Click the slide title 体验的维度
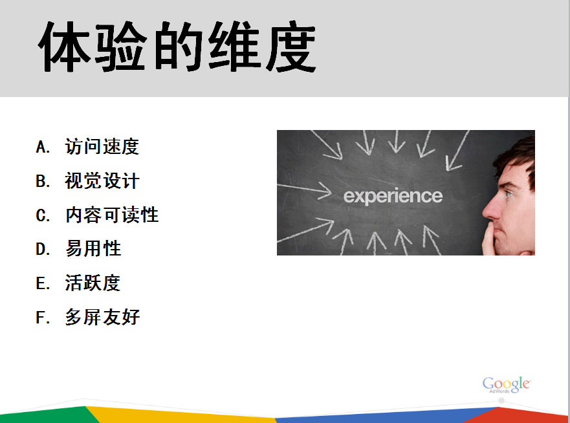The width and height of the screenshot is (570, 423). pyautogui.click(x=177, y=47)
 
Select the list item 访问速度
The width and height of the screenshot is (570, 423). pyautogui.click(x=102, y=146)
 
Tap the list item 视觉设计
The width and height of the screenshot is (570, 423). pyautogui.click(x=102, y=180)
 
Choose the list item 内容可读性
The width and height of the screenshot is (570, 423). pyautogui.click(x=111, y=215)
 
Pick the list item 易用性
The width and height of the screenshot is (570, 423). pyautogui.click(x=93, y=248)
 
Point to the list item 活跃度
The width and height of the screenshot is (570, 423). pyautogui.click(x=93, y=283)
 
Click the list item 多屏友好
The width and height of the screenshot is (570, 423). pyautogui.click(x=102, y=317)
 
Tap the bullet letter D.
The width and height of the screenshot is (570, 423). pyautogui.click(x=43, y=249)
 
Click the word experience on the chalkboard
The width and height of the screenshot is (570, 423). pyautogui.click(x=393, y=196)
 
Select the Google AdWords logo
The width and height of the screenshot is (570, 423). pyautogui.click(x=507, y=385)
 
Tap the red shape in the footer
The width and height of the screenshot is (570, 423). pyautogui.click(x=523, y=416)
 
